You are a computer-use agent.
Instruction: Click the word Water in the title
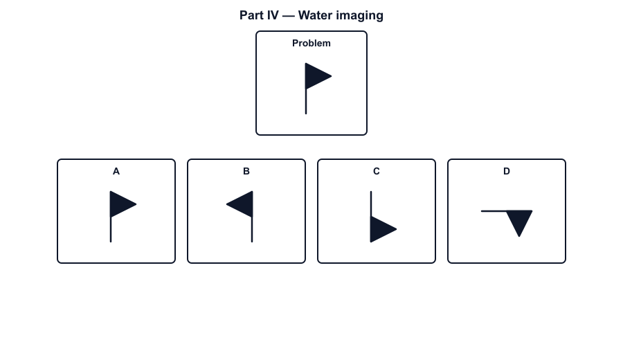click(315, 15)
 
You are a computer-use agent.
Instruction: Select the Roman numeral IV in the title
click(273, 15)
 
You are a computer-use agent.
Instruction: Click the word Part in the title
click(252, 15)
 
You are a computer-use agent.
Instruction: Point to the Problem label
click(311, 44)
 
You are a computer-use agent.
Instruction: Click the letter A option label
click(116, 171)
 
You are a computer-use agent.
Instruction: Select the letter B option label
click(246, 171)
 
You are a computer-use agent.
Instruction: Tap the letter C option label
click(377, 171)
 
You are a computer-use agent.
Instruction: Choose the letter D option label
click(507, 171)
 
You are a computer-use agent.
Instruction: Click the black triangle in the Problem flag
click(315, 76)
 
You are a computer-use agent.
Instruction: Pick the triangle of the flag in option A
click(120, 204)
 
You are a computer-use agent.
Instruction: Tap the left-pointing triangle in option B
click(243, 204)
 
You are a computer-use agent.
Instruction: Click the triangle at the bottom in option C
click(380, 229)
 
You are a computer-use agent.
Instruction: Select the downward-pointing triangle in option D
click(519, 220)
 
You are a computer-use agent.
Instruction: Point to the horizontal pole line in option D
click(494, 211)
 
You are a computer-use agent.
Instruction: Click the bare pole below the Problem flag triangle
click(306, 102)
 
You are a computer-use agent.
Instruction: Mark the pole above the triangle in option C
click(371, 204)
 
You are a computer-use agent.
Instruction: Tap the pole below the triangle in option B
click(252, 230)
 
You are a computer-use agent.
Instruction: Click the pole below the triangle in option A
click(111, 230)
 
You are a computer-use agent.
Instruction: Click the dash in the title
click(289, 16)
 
